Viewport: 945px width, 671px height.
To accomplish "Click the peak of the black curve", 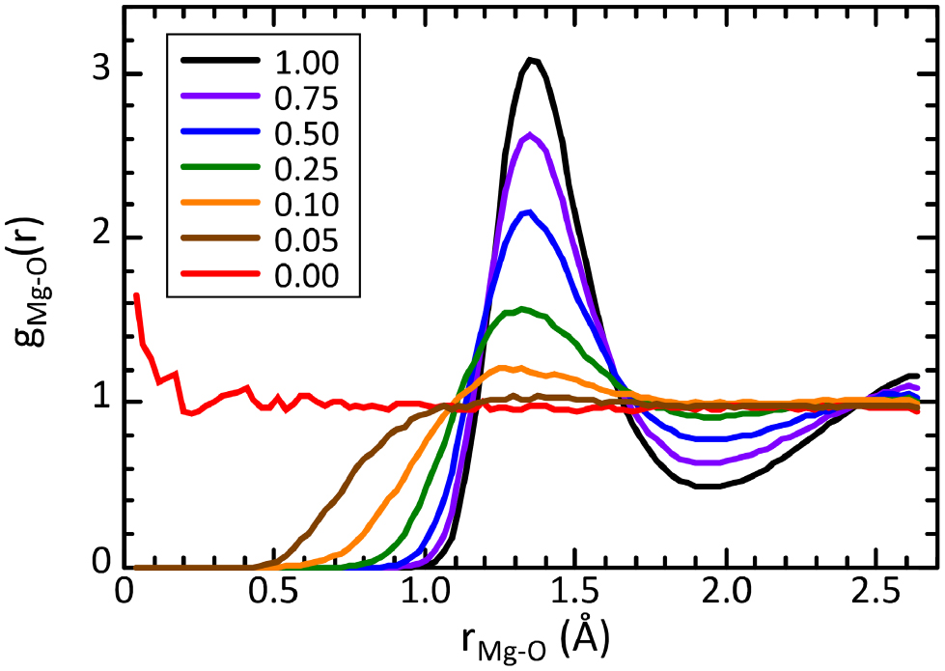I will coord(530,59).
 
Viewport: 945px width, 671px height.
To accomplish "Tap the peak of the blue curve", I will coord(528,211).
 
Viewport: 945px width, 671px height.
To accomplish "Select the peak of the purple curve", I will coord(529,135).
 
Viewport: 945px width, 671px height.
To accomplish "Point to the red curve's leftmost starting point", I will coord(136,294).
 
